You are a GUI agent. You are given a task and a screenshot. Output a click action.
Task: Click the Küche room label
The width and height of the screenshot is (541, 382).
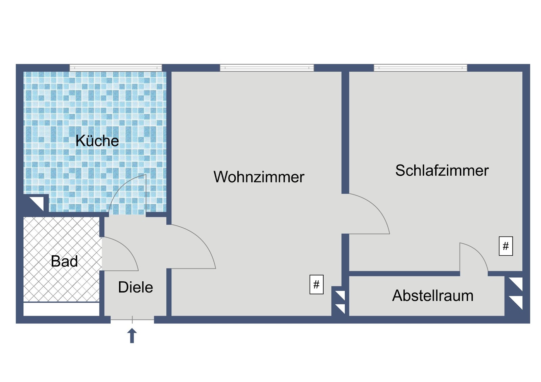(x=97, y=141)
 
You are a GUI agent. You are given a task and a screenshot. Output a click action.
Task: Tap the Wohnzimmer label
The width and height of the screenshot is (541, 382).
(x=259, y=177)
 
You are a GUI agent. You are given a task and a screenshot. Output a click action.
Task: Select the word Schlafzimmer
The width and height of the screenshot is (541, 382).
(x=442, y=170)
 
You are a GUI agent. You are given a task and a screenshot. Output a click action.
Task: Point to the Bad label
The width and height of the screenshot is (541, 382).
(x=64, y=261)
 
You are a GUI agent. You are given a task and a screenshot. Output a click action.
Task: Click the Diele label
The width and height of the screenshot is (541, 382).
(x=136, y=287)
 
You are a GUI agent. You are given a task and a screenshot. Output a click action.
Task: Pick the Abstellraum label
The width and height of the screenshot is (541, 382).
(x=432, y=296)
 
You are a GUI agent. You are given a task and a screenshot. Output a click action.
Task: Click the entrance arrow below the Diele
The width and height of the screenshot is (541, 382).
(x=132, y=335)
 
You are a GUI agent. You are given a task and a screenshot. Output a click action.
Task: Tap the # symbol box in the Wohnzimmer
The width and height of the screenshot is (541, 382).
(x=316, y=284)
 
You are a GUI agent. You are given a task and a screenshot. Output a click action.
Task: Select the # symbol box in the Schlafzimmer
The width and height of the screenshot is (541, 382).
(x=506, y=246)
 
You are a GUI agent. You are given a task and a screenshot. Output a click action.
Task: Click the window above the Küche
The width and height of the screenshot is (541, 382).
(x=116, y=68)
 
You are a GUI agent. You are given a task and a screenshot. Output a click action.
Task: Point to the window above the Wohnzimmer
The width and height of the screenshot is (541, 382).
(x=267, y=68)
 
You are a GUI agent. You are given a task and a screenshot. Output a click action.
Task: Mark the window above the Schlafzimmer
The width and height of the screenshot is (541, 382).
(x=421, y=68)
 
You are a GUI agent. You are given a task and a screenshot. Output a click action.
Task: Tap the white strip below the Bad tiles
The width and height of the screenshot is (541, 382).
(x=61, y=309)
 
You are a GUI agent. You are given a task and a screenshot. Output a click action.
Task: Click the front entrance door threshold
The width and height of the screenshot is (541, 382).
(x=132, y=320)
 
